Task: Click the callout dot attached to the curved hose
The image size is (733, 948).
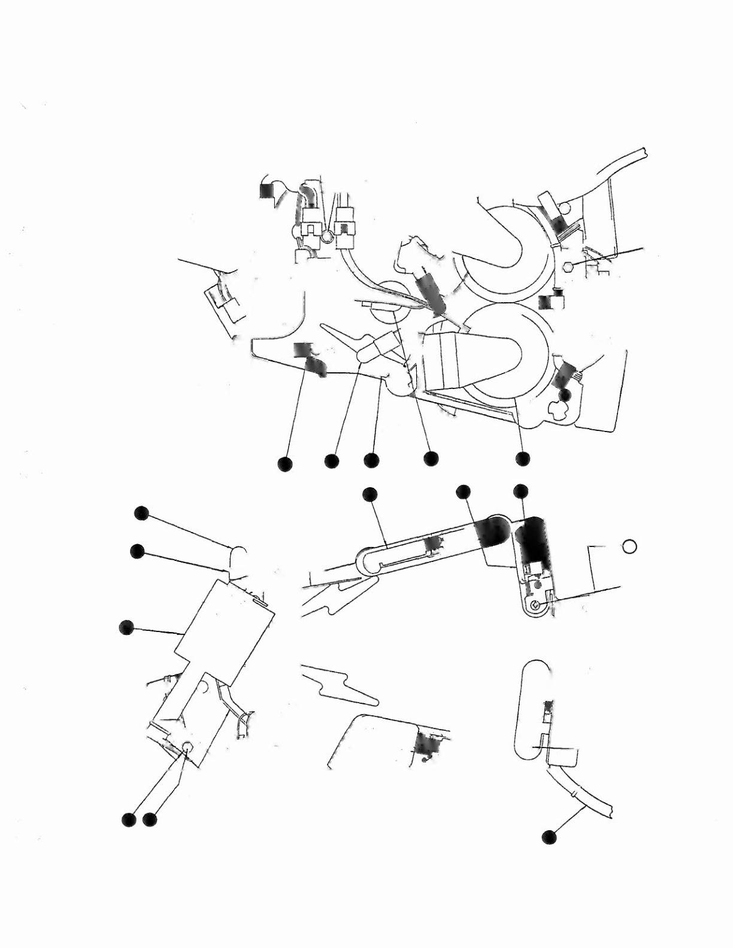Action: click(549, 837)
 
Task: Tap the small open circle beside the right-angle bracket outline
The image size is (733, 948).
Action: click(629, 546)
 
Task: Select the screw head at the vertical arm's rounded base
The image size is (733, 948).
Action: click(537, 606)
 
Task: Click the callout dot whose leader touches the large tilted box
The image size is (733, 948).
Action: click(126, 627)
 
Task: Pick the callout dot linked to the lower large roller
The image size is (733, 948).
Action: click(522, 458)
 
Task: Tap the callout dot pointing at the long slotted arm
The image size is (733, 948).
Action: click(369, 493)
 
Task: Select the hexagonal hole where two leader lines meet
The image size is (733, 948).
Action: click(187, 746)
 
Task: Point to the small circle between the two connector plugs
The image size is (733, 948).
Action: click(327, 237)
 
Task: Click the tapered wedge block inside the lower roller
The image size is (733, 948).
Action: click(461, 359)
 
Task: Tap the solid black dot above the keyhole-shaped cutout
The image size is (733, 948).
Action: click(565, 394)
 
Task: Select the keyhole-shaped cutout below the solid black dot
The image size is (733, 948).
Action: click(561, 410)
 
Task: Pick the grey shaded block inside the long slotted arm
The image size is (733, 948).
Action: click(432, 543)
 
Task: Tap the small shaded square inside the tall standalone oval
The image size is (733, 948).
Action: click(547, 710)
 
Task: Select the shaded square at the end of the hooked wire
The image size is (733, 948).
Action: click(266, 190)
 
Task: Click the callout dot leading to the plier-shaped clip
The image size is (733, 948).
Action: click(331, 461)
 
